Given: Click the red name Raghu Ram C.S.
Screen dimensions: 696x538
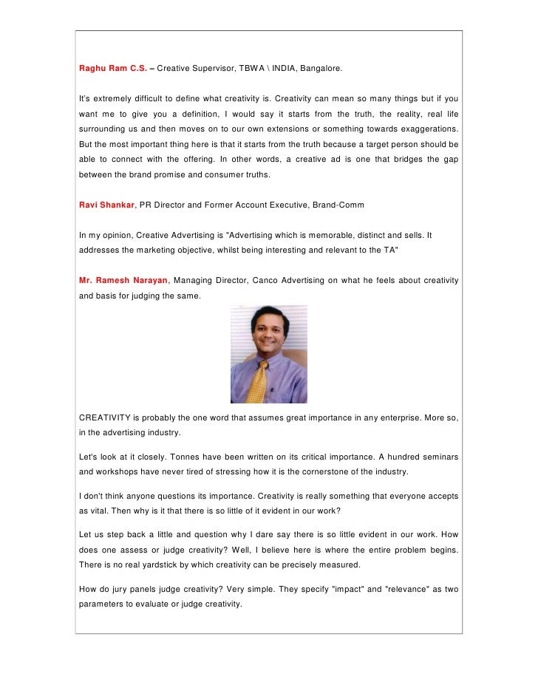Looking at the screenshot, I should (x=112, y=69).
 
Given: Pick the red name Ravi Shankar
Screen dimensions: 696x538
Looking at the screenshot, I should (x=107, y=204).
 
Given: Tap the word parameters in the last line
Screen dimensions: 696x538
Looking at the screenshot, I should (x=104, y=604).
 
